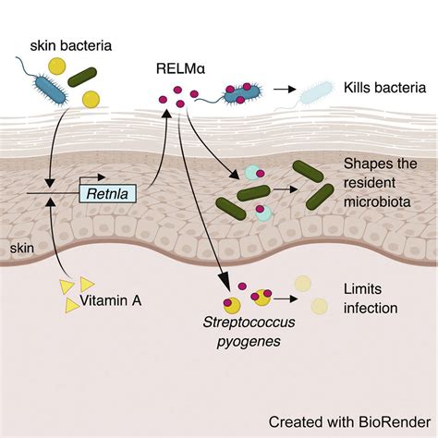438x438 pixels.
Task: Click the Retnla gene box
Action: tap(108, 194)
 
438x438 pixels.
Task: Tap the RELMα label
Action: tap(180, 68)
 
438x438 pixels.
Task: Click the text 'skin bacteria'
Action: tap(71, 46)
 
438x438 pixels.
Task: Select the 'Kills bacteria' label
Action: tap(384, 88)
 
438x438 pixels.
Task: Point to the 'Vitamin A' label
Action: tap(111, 300)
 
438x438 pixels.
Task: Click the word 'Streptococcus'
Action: tap(249, 322)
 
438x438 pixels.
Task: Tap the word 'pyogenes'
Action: tap(249, 341)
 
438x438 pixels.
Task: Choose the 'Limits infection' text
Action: tap(371, 298)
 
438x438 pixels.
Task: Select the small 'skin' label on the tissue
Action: tap(22, 249)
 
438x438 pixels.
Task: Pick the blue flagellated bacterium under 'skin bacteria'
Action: tap(51, 91)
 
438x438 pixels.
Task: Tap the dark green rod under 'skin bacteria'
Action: tap(82, 77)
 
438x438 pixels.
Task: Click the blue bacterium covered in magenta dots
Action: tap(242, 93)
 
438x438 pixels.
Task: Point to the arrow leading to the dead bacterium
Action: tap(285, 90)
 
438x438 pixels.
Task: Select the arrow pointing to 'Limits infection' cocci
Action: tap(286, 298)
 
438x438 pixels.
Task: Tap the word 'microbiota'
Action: tap(377, 202)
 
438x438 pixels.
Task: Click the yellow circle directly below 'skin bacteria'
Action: tap(57, 66)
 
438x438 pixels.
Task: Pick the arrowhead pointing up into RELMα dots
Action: tap(166, 113)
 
